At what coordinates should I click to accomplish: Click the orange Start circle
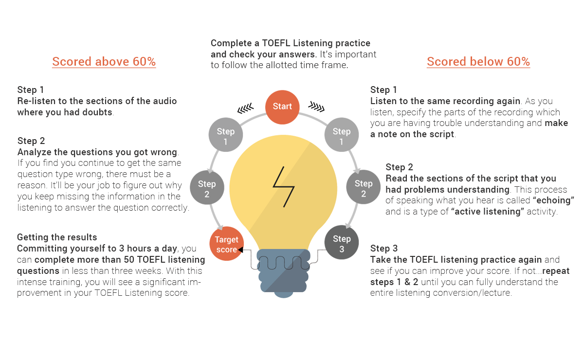click(x=282, y=107)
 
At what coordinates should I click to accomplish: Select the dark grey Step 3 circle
click(x=342, y=242)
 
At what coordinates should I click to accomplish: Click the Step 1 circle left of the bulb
click(x=226, y=134)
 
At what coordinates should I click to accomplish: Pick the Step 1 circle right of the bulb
click(x=342, y=134)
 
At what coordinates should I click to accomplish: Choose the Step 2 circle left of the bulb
click(x=207, y=187)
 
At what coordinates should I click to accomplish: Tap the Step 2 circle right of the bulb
click(x=364, y=187)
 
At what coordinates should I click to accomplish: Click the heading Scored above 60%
click(x=104, y=62)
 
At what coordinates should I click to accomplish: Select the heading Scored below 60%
click(x=478, y=62)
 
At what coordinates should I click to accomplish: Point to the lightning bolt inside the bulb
click(x=284, y=187)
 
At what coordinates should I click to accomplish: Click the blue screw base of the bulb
click(x=283, y=273)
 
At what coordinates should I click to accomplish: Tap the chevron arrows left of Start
click(x=245, y=108)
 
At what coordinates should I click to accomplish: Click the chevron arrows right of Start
click(x=316, y=107)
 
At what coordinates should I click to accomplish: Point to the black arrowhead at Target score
click(x=240, y=250)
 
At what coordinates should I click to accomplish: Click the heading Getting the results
click(x=57, y=237)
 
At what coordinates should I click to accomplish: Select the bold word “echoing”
click(x=553, y=200)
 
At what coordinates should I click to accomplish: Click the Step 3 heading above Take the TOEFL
click(x=384, y=249)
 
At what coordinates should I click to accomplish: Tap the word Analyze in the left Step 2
click(x=35, y=152)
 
